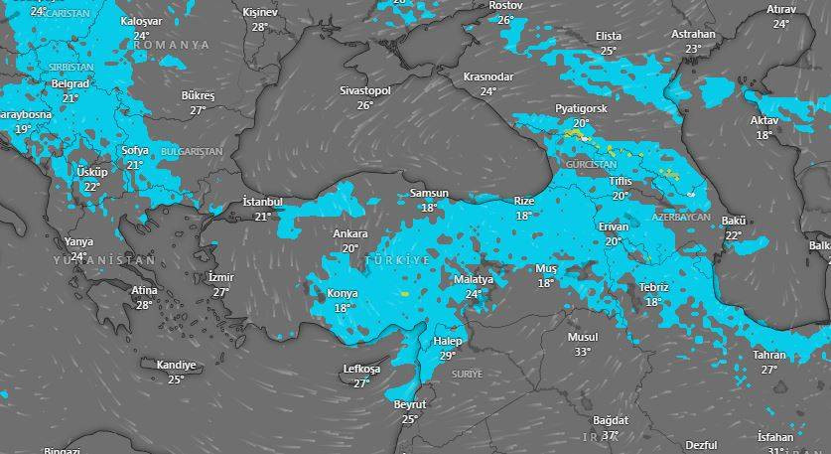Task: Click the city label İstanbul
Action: [263, 202]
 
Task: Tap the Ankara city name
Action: [349, 234]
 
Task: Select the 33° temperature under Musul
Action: [582, 351]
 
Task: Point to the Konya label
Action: [343, 294]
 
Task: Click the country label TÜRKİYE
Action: [397, 259]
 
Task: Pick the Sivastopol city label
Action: [365, 90]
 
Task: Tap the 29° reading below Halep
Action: [448, 356]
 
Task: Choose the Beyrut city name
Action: [409, 405]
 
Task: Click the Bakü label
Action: [734, 221]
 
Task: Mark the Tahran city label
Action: [769, 355]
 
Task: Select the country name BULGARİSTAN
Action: [192, 151]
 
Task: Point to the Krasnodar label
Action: [488, 76]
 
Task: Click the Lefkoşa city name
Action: [361, 370]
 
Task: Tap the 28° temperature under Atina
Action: [144, 305]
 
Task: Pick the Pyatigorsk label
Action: [581, 108]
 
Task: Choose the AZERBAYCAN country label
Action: [682, 217]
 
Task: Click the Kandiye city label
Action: [176, 366]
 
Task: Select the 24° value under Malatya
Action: [474, 294]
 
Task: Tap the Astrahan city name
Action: [693, 34]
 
